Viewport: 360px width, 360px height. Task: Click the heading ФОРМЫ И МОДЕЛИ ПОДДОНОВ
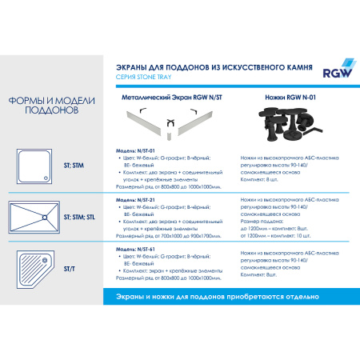(44, 106)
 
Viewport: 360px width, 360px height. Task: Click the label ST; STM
(73, 166)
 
